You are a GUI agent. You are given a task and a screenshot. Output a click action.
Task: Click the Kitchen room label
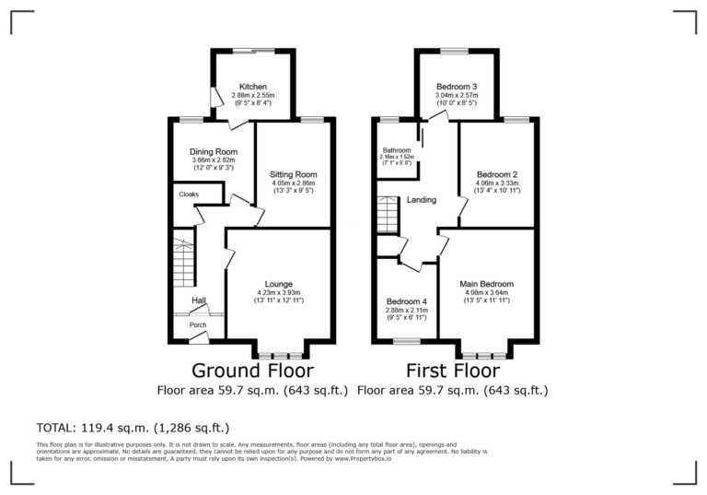pos(253,87)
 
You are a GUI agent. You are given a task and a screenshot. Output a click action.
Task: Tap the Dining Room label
pos(214,152)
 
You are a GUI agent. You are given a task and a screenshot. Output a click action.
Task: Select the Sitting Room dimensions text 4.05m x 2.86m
pos(293,183)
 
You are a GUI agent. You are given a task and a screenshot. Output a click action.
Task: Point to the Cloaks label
pos(189,194)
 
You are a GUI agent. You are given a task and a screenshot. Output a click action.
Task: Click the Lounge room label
pos(279,284)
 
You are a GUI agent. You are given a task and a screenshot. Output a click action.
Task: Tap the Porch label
pos(198,324)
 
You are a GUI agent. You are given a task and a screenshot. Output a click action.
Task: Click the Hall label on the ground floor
pos(198,301)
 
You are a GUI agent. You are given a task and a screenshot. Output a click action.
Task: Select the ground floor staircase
pos(184,265)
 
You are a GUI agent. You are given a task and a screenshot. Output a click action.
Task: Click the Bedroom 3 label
pos(456,87)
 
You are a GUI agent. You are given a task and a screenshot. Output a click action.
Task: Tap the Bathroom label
pos(398,150)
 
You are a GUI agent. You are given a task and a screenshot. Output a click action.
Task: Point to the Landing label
pos(422,200)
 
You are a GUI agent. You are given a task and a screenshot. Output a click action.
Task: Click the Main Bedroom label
pos(486,284)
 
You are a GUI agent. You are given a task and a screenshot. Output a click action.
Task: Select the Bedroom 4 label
pos(406,301)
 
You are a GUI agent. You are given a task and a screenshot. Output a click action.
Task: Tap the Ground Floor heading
pos(252,371)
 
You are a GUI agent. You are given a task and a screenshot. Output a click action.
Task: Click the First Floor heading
pos(454,371)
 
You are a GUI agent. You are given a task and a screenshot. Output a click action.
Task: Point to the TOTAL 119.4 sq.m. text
pos(133,428)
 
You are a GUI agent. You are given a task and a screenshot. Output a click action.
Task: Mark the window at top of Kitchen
pos(253,51)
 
